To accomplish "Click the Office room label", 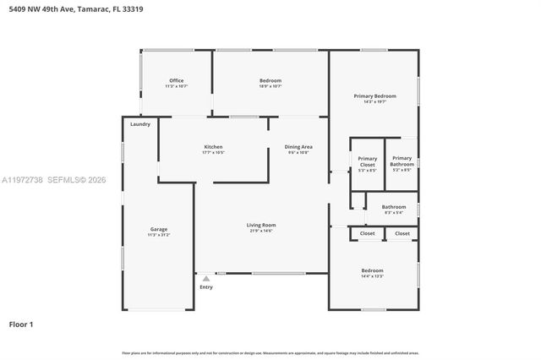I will pos(176,80).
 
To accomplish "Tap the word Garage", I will pos(159,229).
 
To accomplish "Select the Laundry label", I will pos(140,124).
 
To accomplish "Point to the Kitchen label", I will pos(213,147).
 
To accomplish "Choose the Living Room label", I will pos(261,225).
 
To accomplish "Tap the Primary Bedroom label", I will pos(374,96).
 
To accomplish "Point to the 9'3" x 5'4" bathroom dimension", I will pos(394,212).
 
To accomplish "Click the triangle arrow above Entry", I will pos(205,278).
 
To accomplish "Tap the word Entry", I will pos(206,287).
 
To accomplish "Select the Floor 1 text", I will pos(22,324).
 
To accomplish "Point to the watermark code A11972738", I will pos(22,180).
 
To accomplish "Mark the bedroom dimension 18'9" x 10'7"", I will pos(270,86).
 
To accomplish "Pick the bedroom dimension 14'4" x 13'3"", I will pos(373,276).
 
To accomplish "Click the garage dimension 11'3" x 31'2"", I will pos(159,235).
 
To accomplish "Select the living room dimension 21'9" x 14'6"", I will pos(261,231).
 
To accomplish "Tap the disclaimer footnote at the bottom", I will pos(270,352).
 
